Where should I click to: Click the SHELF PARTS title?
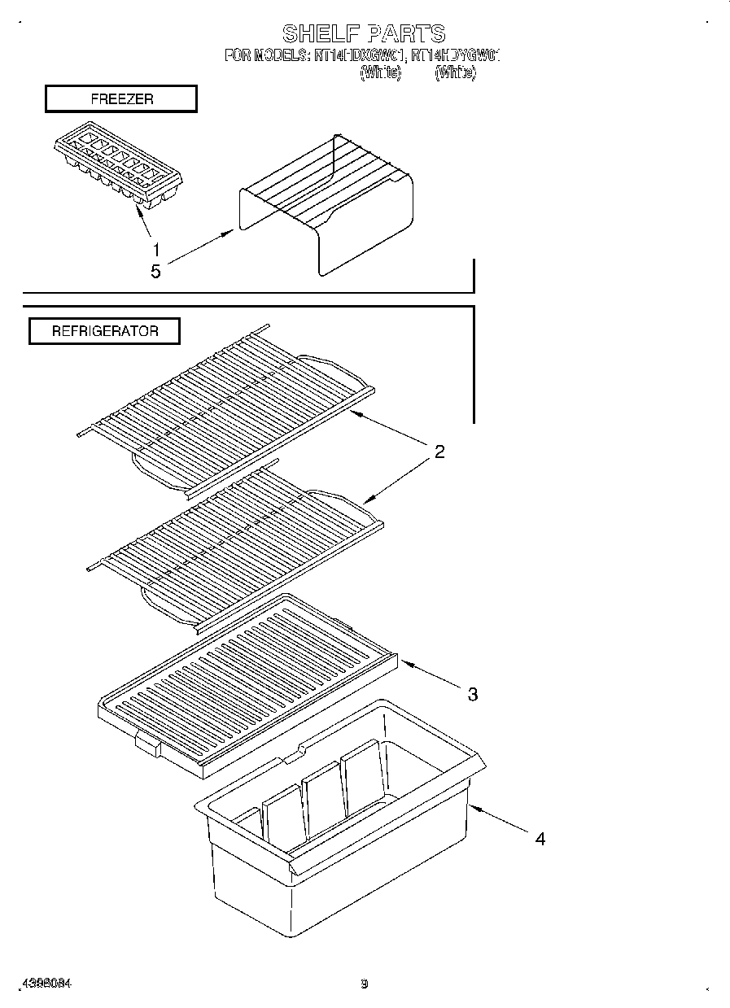click(x=363, y=33)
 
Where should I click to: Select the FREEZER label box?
click(x=121, y=99)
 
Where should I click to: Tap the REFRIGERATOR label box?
click(x=104, y=331)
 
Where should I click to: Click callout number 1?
click(x=155, y=249)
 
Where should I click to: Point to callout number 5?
click(x=155, y=272)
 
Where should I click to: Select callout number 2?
click(x=439, y=452)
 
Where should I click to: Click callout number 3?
click(x=472, y=694)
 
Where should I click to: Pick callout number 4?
click(x=540, y=838)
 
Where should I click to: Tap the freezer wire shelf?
click(x=326, y=203)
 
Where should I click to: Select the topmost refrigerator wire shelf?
click(x=228, y=399)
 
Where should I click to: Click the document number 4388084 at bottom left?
click(x=47, y=984)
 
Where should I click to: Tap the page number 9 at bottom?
click(x=365, y=984)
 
